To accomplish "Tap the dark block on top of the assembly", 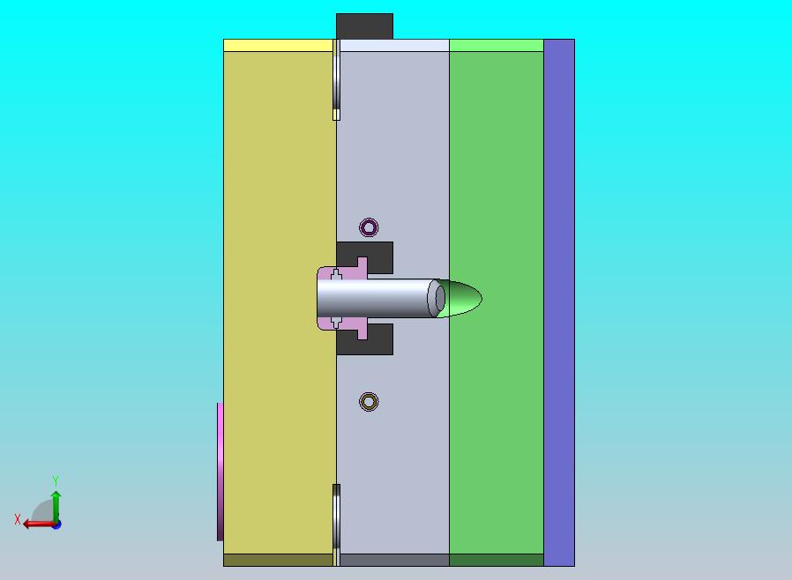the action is point(364,26).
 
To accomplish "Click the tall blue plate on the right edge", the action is point(559,302).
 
